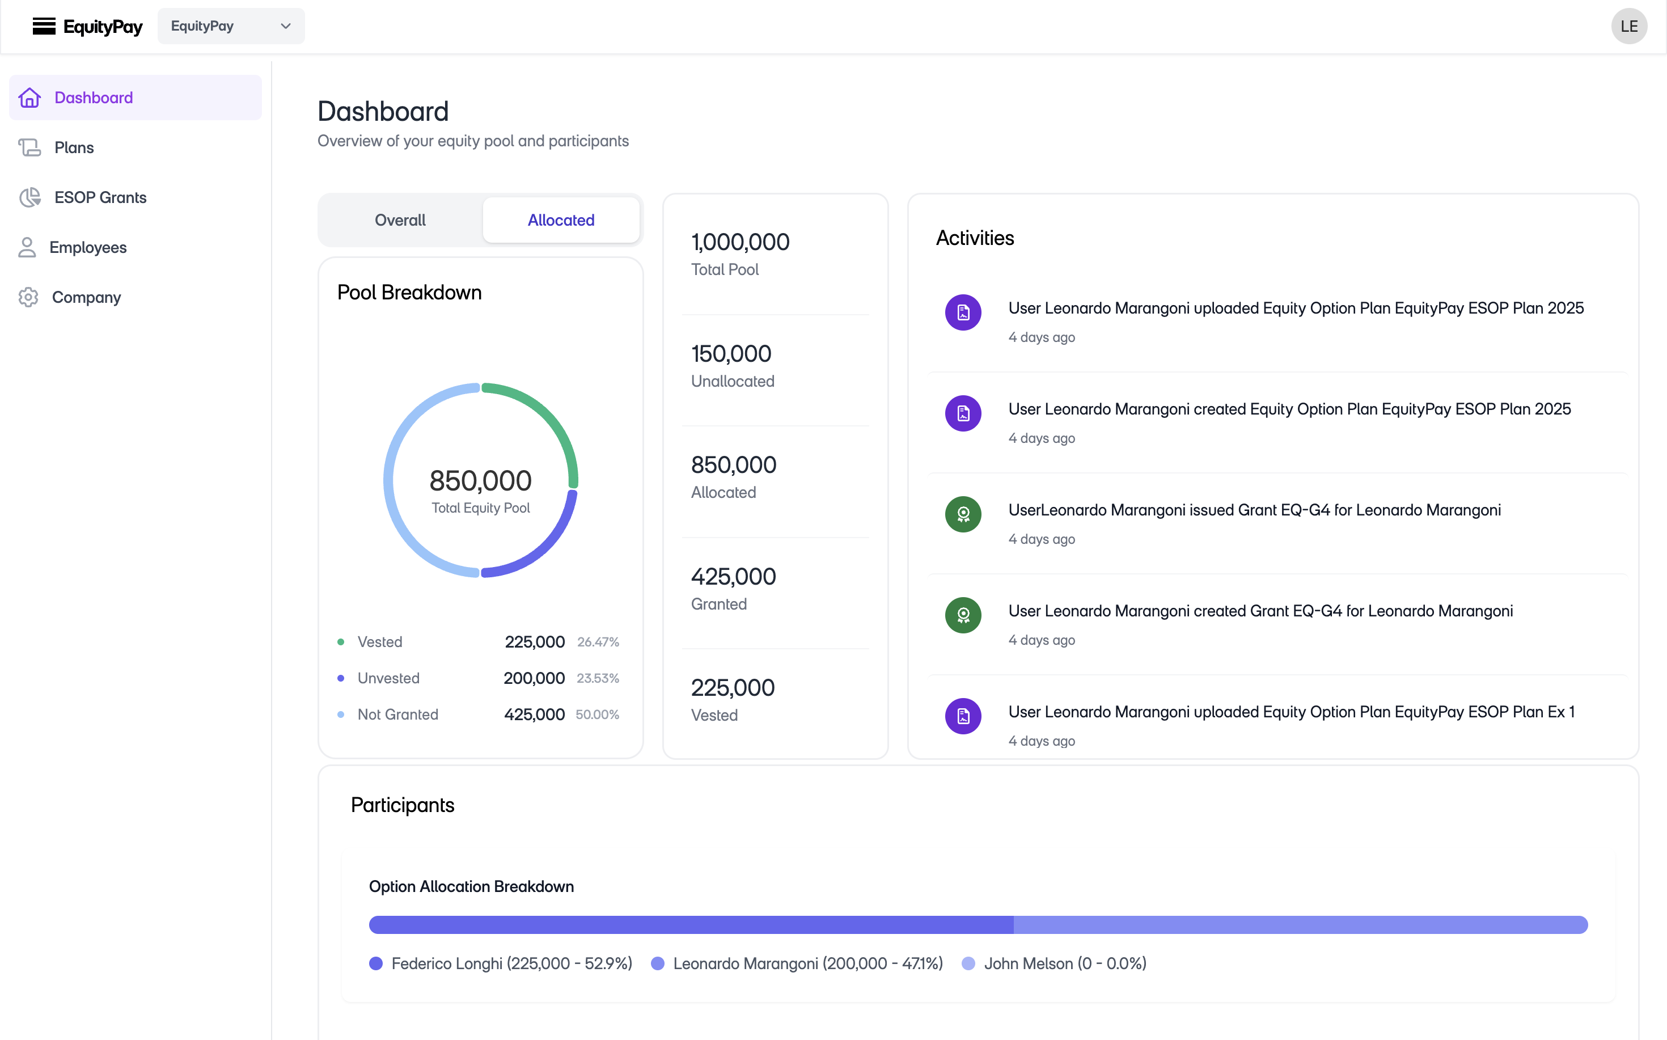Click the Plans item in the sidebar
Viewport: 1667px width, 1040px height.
74,147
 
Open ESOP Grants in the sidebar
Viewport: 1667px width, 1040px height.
100,197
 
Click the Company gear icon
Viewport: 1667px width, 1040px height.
28,297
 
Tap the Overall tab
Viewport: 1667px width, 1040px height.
400,220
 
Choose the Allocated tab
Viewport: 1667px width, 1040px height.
560,220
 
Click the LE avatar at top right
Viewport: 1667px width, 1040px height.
1628,26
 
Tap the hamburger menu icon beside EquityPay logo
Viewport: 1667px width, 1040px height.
44,26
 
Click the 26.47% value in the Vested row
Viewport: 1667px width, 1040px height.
598,642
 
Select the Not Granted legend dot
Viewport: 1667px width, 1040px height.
340,715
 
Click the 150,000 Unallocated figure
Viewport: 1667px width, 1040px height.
731,353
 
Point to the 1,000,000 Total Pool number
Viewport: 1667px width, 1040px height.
740,242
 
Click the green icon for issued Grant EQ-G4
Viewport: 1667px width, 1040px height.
963,514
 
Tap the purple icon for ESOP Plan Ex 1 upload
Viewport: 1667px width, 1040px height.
963,716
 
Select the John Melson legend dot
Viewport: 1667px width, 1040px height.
968,963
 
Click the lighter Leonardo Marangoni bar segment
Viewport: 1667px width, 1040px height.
1300,924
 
